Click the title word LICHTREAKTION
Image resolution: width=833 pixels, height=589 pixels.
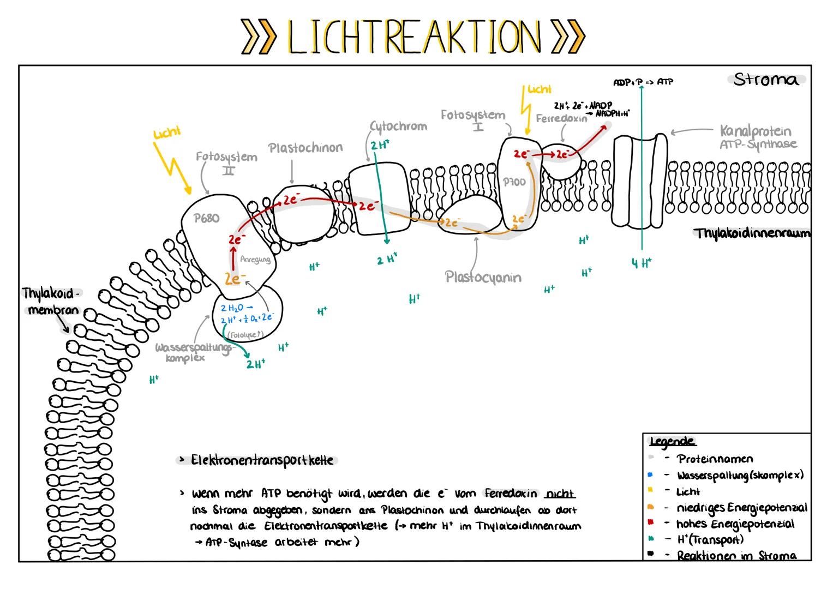(413, 37)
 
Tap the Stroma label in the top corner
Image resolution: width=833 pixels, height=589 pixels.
(766, 80)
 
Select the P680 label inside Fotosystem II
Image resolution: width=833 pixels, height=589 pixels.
(207, 218)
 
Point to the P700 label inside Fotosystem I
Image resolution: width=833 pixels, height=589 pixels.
(514, 182)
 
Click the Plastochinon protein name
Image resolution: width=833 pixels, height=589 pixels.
(305, 148)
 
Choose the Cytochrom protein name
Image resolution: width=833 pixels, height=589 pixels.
(398, 127)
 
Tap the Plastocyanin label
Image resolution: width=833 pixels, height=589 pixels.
(483, 277)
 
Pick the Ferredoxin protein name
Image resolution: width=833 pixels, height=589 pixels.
(561, 118)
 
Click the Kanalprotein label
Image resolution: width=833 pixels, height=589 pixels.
(755, 131)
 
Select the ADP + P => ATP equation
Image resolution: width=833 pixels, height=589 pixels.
(643, 82)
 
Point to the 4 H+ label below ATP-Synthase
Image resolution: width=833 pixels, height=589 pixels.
(642, 263)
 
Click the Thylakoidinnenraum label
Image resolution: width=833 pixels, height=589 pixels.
(752, 233)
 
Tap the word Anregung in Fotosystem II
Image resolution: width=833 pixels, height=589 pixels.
(255, 260)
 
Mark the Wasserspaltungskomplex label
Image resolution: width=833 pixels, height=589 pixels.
(193, 352)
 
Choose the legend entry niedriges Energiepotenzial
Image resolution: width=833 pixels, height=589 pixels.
(741, 508)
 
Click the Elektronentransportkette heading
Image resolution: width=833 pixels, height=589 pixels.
(261, 460)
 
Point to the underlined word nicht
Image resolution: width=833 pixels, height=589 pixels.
(560, 494)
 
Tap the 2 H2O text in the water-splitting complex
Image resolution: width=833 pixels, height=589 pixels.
(233, 308)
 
